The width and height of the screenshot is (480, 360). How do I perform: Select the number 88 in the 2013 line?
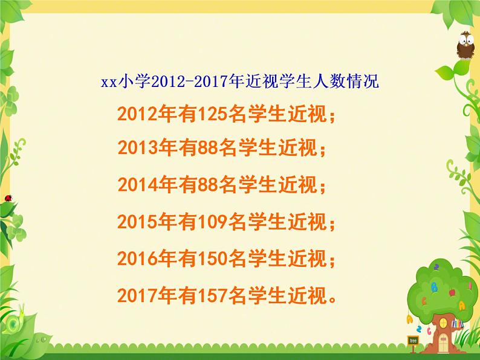tap(208, 147)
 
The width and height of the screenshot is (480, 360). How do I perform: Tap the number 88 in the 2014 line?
tap(208, 184)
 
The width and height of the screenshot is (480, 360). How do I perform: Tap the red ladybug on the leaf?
tap(8, 198)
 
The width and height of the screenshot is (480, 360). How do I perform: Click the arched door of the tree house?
tap(443, 342)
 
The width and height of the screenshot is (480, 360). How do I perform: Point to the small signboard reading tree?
tap(414, 340)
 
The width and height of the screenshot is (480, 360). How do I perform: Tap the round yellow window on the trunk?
tap(443, 323)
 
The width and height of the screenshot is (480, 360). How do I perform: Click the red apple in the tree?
tap(452, 292)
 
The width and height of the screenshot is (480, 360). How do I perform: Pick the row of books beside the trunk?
tap(458, 323)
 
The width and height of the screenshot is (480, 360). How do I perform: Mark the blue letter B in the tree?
tap(434, 287)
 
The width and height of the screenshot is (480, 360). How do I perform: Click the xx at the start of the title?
tap(109, 83)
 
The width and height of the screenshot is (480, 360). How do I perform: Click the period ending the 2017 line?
tap(332, 299)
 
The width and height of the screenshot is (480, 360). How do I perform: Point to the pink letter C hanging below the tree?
tap(429, 331)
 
